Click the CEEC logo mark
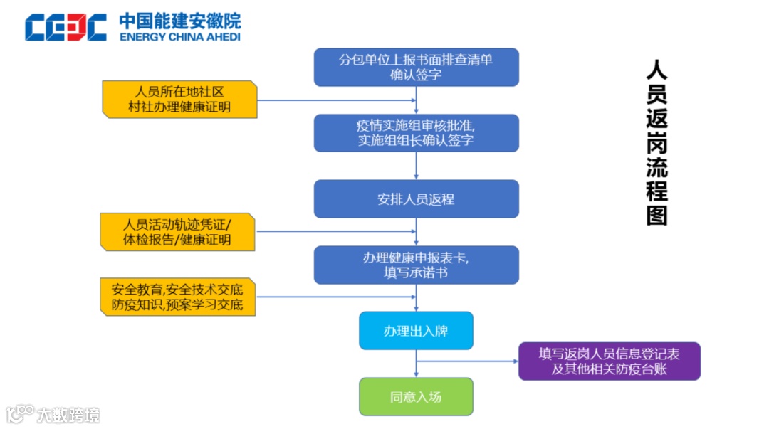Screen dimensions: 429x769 (66, 27)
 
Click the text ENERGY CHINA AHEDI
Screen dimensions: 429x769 (180, 37)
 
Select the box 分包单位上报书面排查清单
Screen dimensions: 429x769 (416, 67)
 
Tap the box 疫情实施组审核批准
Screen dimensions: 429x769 (416, 133)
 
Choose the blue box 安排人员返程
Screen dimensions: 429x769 (416, 199)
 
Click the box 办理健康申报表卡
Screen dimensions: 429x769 (416, 265)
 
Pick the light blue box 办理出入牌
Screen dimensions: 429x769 (416, 331)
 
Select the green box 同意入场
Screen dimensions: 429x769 (416, 396)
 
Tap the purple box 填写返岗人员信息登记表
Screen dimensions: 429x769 (609, 361)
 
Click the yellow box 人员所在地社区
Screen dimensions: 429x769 (179, 100)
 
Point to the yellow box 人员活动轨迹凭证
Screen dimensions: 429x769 (177, 232)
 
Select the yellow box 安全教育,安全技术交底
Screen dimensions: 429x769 (177, 297)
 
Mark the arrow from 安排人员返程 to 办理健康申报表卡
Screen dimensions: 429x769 (416, 232)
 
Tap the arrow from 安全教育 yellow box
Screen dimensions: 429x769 (335, 297)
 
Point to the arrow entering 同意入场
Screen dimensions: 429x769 (416, 369)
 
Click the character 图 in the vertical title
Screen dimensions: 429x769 (656, 214)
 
